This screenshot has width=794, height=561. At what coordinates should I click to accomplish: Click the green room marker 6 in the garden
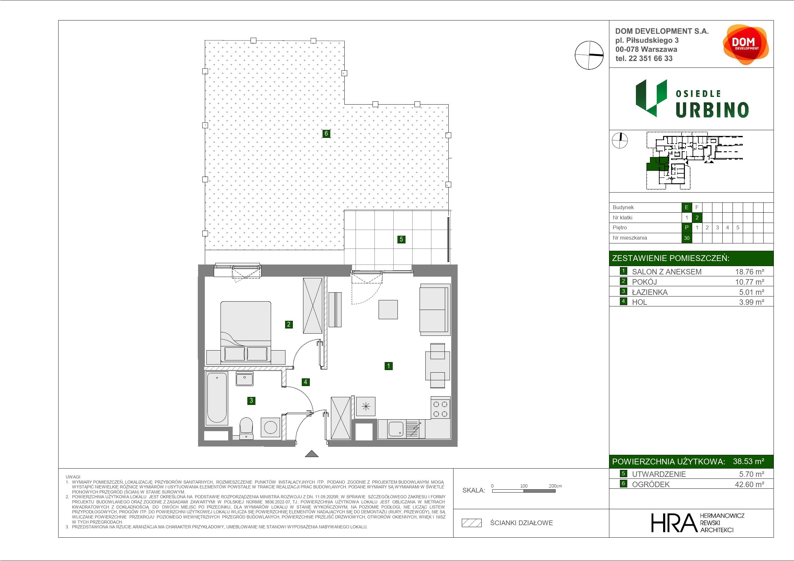click(326, 133)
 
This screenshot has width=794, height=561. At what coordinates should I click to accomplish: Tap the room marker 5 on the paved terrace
click(401, 239)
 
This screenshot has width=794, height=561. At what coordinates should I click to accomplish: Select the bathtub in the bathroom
click(217, 398)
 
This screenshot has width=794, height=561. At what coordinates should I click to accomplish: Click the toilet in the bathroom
click(246, 428)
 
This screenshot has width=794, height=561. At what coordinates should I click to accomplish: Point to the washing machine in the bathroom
click(270, 427)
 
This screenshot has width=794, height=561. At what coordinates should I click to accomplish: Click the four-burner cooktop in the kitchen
click(440, 409)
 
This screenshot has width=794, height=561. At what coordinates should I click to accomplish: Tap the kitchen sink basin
click(396, 429)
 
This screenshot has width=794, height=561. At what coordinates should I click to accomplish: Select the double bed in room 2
click(245, 332)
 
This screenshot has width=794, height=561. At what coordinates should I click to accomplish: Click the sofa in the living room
click(435, 309)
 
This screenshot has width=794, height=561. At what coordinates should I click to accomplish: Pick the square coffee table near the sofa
click(388, 309)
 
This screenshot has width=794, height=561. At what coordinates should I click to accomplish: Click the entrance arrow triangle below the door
click(312, 454)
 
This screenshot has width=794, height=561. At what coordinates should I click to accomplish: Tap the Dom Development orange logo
click(746, 44)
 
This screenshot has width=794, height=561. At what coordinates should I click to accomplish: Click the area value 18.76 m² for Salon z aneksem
click(750, 272)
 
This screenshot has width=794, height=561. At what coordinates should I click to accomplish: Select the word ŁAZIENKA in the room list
click(650, 292)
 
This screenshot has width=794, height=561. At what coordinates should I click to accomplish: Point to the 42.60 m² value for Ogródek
click(750, 484)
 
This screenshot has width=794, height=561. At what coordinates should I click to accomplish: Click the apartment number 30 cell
click(686, 238)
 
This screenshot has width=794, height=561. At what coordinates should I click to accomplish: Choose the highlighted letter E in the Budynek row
click(686, 207)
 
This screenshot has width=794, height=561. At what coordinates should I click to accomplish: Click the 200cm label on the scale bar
click(555, 486)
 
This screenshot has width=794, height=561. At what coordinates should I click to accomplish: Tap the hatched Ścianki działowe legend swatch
click(472, 523)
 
